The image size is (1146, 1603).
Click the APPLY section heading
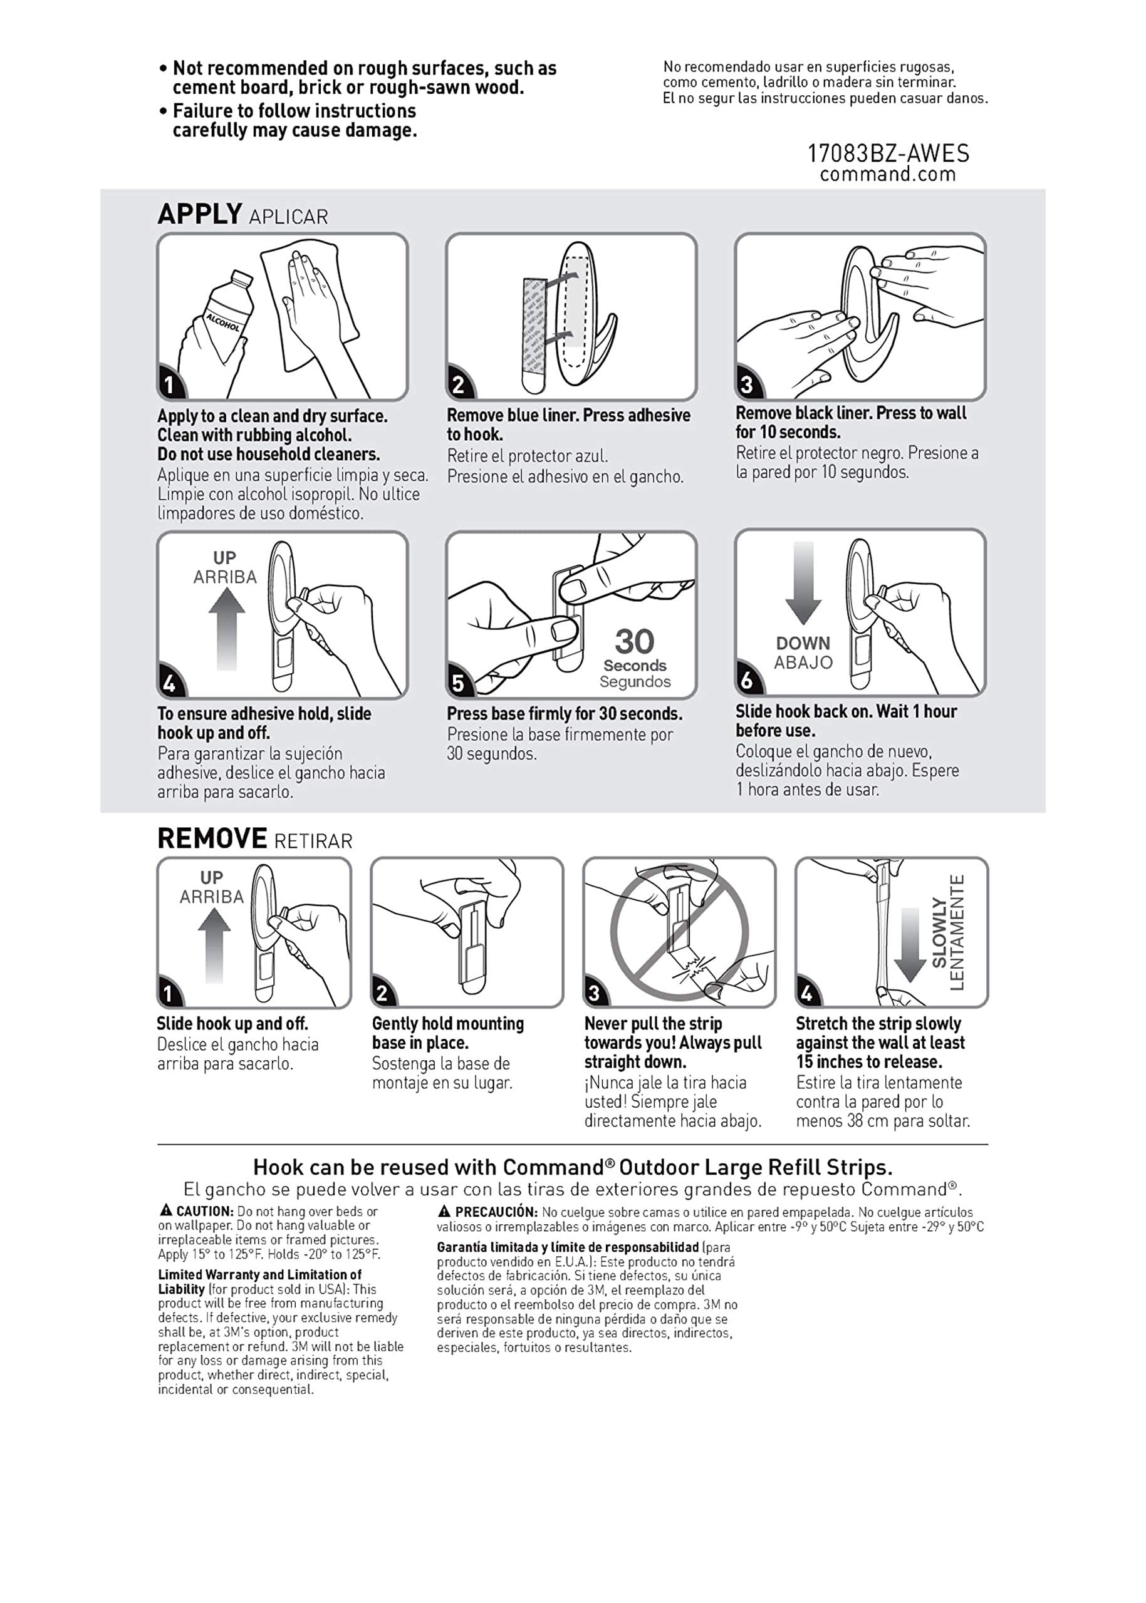(200, 214)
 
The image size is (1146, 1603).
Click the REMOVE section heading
(212, 838)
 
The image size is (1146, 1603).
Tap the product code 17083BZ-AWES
(888, 153)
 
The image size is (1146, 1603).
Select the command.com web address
(888, 174)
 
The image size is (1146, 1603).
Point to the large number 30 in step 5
(634, 642)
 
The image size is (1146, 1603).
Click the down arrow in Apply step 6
(803, 583)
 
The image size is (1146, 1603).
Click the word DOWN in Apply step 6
(803, 643)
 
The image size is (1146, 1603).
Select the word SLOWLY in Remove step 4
(939, 932)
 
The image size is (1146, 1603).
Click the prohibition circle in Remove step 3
(680, 933)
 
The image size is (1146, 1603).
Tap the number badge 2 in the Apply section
(459, 384)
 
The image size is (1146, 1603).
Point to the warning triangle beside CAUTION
(166, 1210)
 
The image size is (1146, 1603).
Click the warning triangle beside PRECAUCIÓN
(444, 1211)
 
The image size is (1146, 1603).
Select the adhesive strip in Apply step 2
(534, 336)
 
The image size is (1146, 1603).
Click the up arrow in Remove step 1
(214, 945)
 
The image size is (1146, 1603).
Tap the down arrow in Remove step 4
(910, 945)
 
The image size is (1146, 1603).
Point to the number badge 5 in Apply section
(459, 683)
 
